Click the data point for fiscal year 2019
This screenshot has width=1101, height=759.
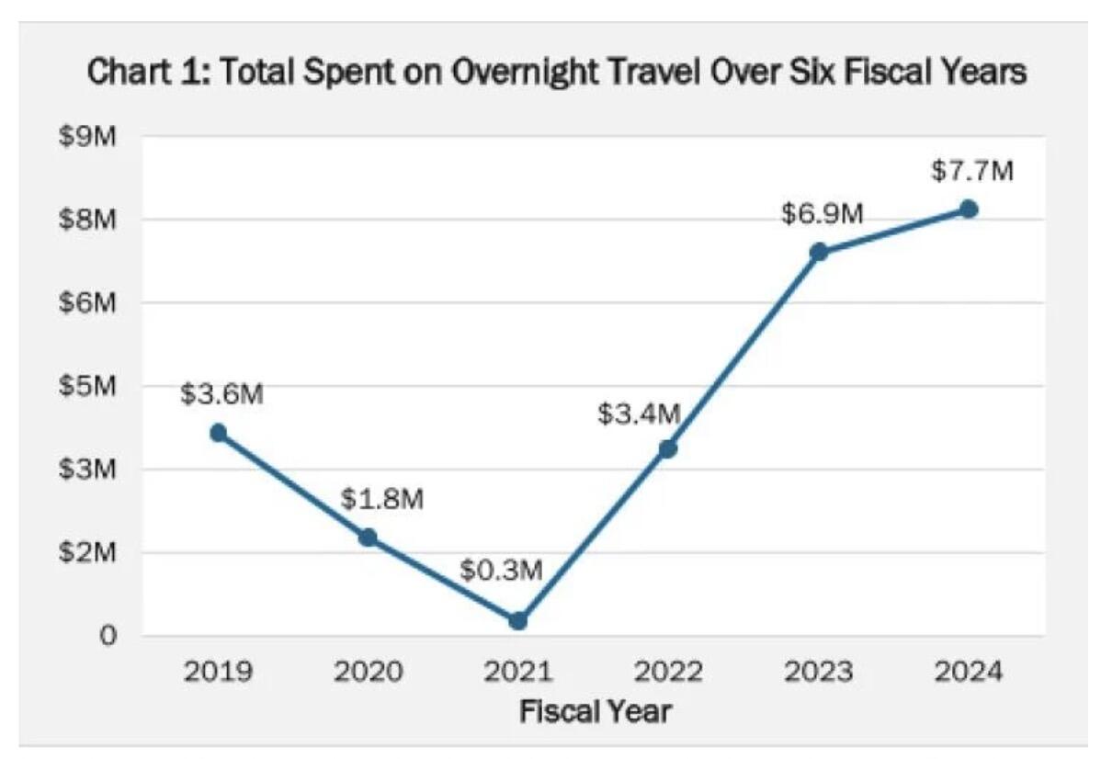click(x=218, y=433)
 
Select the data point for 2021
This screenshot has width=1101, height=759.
click(x=518, y=620)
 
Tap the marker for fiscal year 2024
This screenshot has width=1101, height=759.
click(x=969, y=210)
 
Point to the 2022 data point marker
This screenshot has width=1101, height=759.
click(x=668, y=448)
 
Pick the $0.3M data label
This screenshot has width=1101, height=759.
click(x=502, y=571)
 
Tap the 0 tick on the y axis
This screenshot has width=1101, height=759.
click(x=107, y=636)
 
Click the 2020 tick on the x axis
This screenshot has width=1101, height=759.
click(x=369, y=671)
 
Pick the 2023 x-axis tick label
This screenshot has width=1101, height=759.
click(x=818, y=671)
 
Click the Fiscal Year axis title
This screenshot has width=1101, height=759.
click(x=595, y=710)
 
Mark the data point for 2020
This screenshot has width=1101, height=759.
click(x=368, y=538)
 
